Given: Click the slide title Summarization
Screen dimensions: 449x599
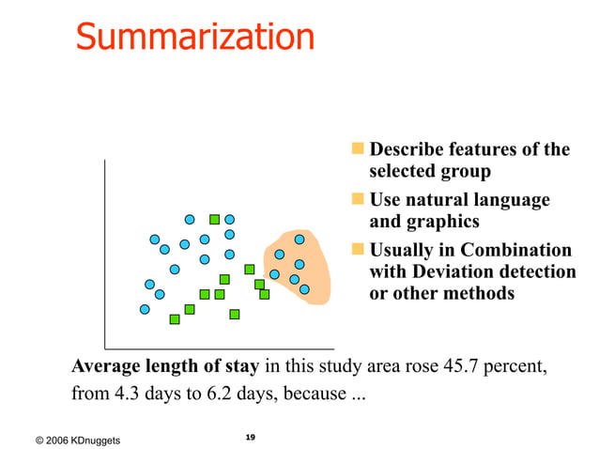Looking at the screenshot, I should click(195, 37).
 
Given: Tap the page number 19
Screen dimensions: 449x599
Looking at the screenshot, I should click(250, 438).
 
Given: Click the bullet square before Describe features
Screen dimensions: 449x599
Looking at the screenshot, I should click(357, 148).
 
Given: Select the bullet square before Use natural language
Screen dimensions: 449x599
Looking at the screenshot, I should click(357, 199).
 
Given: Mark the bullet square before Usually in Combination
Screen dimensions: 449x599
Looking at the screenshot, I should click(357, 250).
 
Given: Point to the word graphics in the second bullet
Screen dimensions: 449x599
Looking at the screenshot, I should click(442, 222).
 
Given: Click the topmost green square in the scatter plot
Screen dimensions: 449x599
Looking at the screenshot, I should click(214, 220).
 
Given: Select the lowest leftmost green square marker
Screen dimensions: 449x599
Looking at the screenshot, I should click(175, 319).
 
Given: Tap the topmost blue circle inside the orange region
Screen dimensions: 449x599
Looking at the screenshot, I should click(299, 240).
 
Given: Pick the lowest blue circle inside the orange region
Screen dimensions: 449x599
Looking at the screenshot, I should click(304, 290).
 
